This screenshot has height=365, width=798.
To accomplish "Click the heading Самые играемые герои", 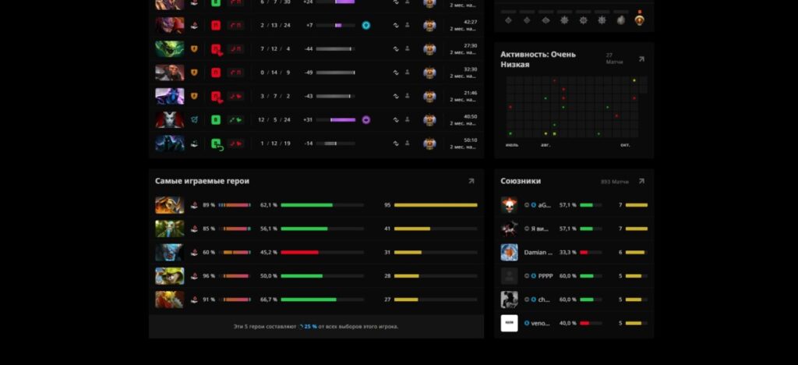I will [x=202, y=181].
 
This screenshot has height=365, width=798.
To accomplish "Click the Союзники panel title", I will [x=521, y=181].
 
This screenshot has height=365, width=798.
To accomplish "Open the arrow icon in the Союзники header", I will [x=641, y=181].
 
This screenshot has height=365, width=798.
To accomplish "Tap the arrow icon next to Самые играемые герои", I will [x=471, y=181].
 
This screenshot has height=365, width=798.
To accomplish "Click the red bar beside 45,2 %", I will [x=300, y=252].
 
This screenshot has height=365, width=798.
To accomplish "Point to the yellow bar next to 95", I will [x=436, y=205].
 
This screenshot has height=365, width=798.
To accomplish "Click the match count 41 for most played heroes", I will [x=387, y=229].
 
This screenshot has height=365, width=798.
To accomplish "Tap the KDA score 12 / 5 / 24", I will [x=274, y=120].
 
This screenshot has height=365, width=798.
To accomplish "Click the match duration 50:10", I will [x=470, y=140].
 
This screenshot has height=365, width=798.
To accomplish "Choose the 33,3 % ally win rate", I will [x=567, y=253].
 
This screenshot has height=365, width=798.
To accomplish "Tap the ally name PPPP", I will [x=545, y=276].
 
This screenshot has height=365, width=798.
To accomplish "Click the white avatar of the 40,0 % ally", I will [x=509, y=323].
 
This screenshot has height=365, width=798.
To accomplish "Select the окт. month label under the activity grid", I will [x=625, y=145].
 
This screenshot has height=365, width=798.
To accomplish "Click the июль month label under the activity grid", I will [x=512, y=145].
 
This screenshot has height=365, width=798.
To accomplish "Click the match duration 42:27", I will [x=470, y=22].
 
